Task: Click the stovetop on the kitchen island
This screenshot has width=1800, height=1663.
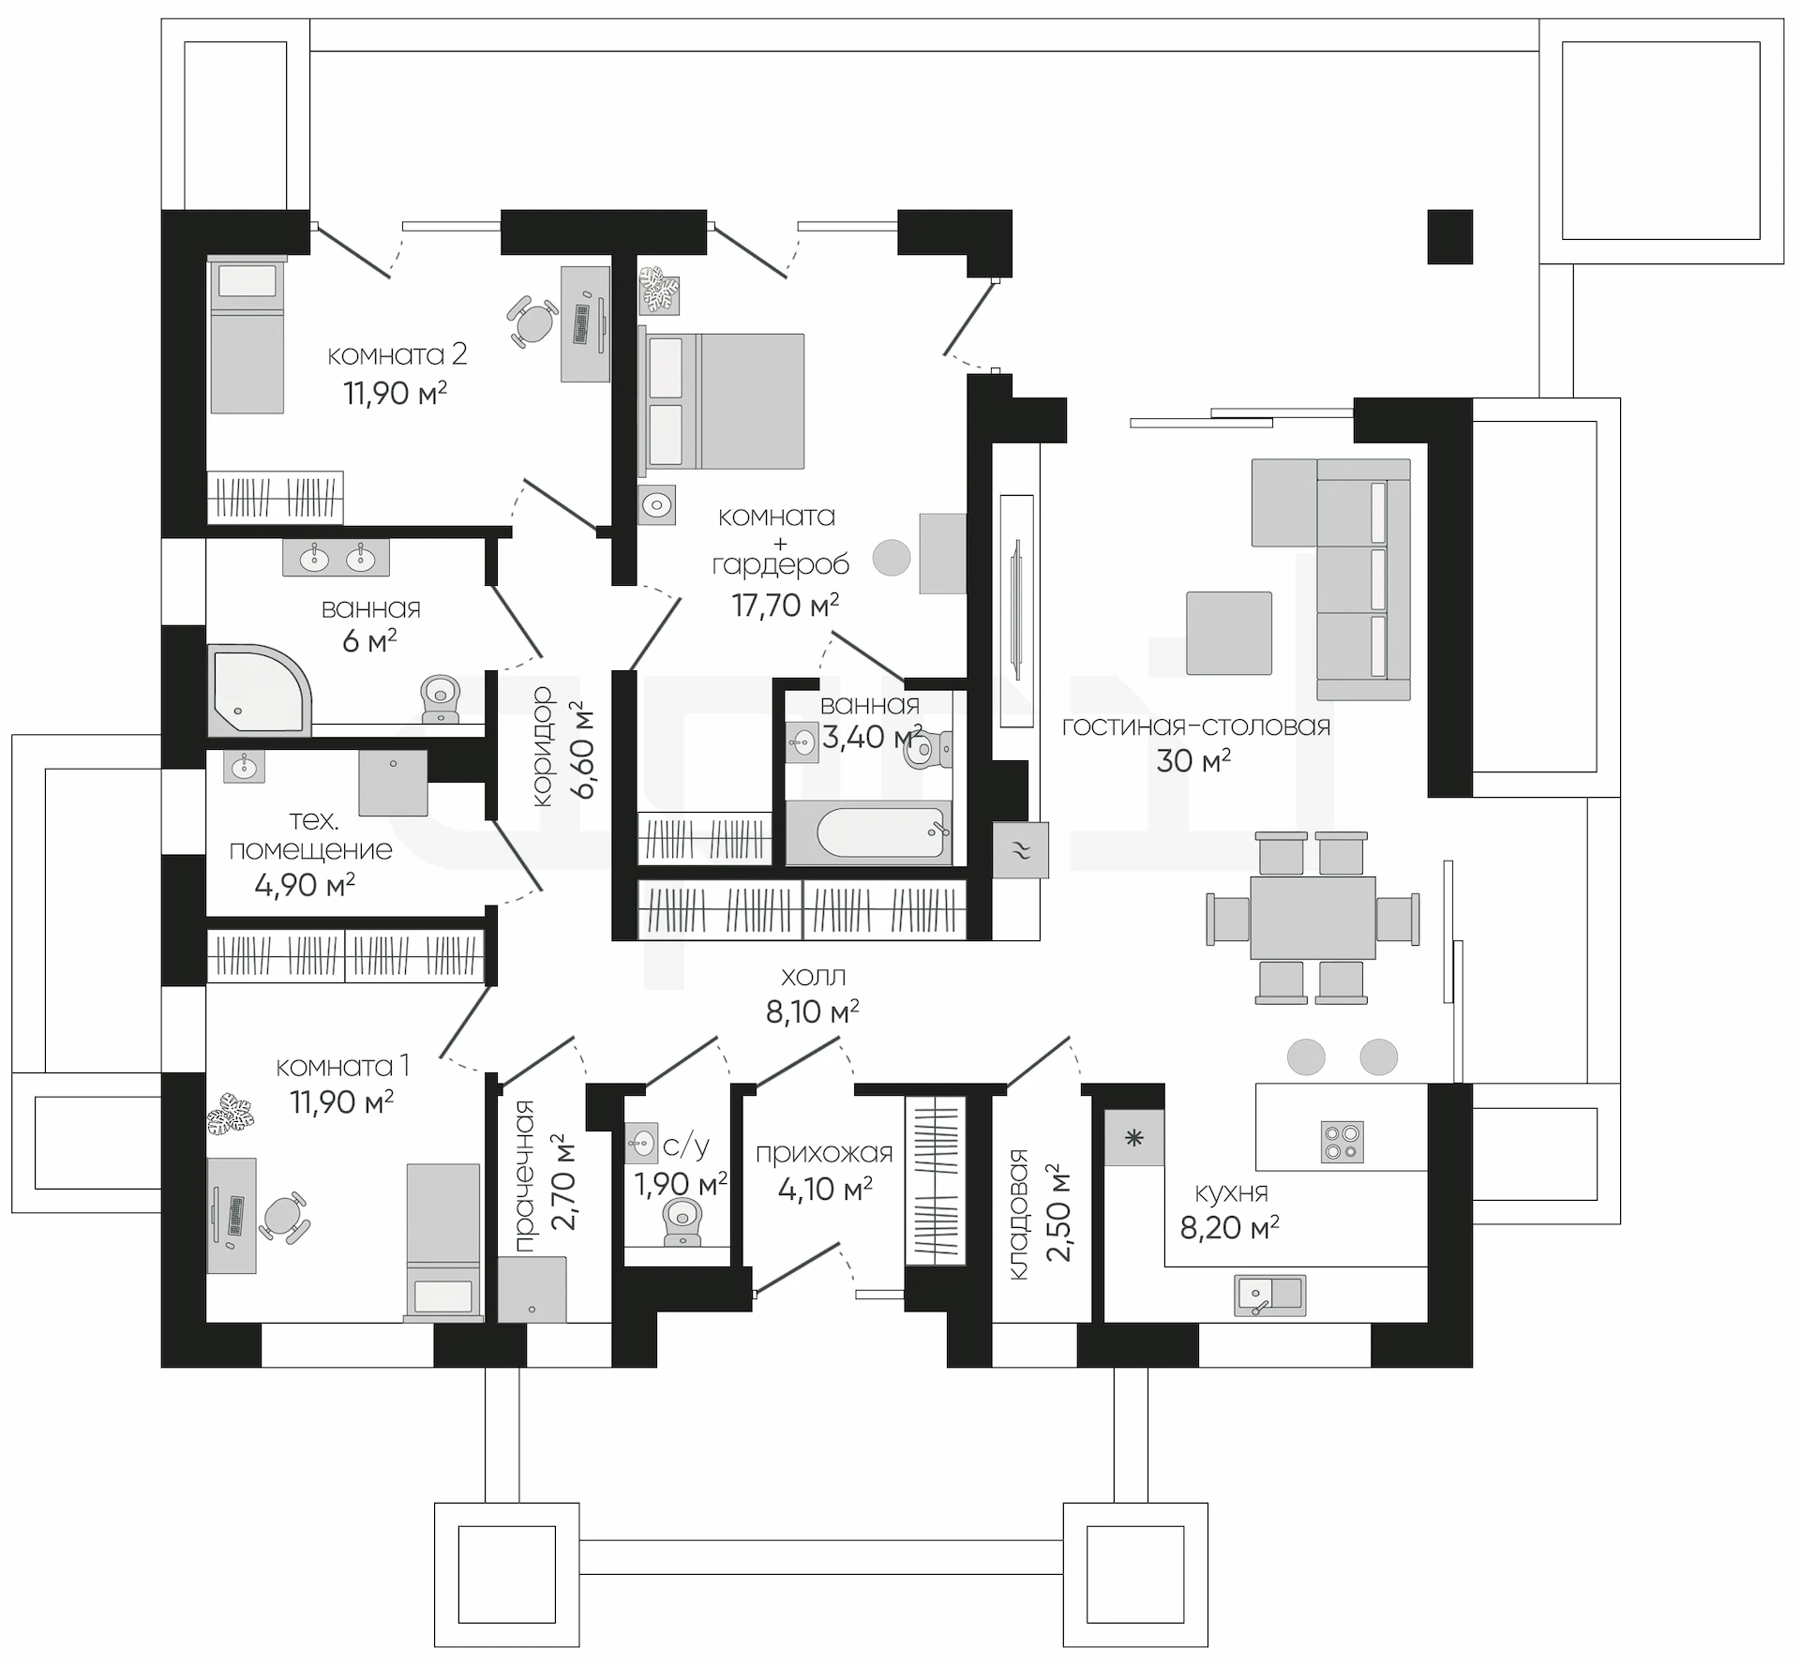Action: [x=1341, y=1142]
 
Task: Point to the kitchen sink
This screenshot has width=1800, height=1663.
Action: [x=1269, y=1295]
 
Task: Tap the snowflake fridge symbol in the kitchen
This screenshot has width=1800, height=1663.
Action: [x=1134, y=1138]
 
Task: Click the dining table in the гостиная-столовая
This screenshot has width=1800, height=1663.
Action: [x=1312, y=918]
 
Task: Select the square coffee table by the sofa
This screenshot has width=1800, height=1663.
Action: [x=1229, y=633]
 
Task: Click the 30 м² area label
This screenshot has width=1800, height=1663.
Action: [x=1192, y=760]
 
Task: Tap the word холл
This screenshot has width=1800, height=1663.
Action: [x=814, y=976]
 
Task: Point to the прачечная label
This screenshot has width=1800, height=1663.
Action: [x=525, y=1176]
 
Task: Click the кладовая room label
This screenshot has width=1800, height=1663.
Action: [x=1018, y=1214]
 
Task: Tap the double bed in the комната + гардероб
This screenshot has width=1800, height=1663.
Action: [x=722, y=400]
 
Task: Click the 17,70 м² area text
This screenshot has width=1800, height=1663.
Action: [x=786, y=605]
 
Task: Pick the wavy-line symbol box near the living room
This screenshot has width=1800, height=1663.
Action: [x=1020, y=849]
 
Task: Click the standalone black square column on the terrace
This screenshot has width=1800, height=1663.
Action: [x=1450, y=236]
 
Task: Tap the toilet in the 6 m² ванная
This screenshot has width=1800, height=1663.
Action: [x=442, y=699]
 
